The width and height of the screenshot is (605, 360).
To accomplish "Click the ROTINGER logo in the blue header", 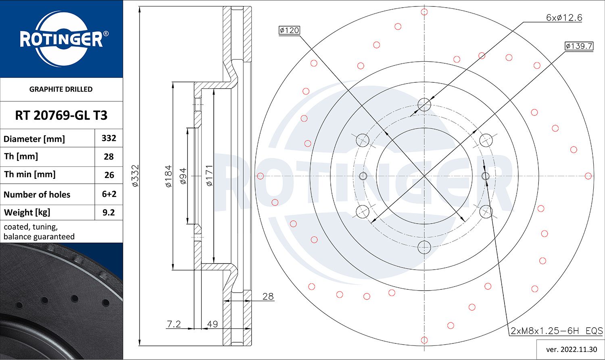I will click(x=61, y=39).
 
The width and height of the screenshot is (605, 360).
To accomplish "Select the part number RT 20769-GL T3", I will click(x=61, y=115).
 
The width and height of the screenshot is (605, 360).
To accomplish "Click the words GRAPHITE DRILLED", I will click(x=61, y=89).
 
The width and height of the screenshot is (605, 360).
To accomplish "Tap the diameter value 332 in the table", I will click(x=109, y=138).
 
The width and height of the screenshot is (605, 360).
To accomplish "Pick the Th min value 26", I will click(x=109, y=175).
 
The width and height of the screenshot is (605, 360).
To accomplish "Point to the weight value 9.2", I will click(x=109, y=212).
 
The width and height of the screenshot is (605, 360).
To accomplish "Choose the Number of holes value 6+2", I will click(x=109, y=194).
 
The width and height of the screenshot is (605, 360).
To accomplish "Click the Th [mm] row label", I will click(x=21, y=157).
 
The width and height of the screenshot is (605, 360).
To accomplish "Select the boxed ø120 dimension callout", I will click(x=289, y=30).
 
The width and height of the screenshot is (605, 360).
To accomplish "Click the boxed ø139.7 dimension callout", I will click(x=579, y=46).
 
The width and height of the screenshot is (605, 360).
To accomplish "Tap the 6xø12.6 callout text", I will click(x=564, y=18).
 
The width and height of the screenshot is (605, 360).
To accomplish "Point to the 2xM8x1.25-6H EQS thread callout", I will click(x=557, y=331).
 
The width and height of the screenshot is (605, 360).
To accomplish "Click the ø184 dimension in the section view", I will click(x=169, y=176).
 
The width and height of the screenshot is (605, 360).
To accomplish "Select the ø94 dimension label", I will click(x=183, y=176).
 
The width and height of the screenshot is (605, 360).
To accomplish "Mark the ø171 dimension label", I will click(x=209, y=176).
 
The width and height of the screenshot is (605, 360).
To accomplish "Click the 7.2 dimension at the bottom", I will click(x=174, y=324).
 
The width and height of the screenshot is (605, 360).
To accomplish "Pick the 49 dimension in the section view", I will click(x=212, y=324).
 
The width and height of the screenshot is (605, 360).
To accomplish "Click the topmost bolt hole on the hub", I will click(x=424, y=105).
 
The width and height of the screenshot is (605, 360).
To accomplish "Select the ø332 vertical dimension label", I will click(x=136, y=176).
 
